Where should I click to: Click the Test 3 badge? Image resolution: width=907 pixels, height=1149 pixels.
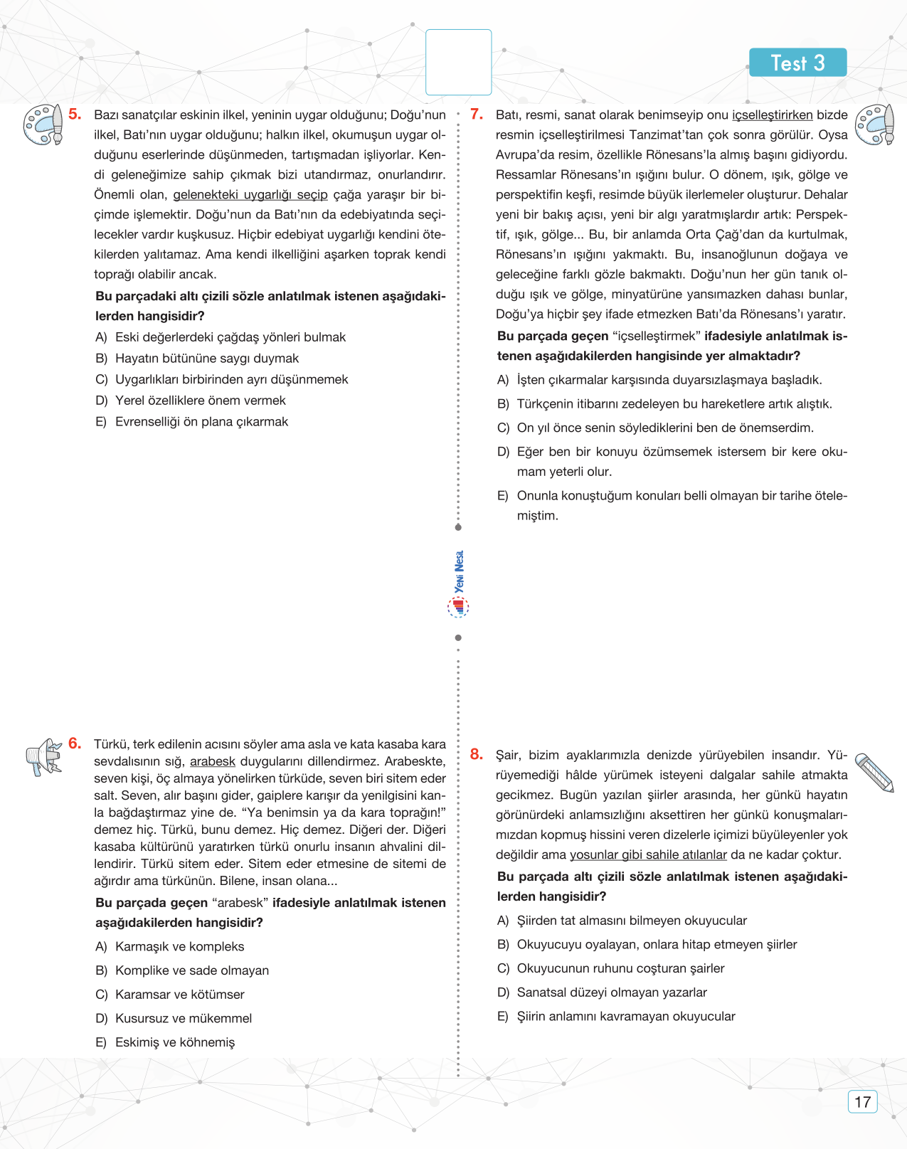coord(797,63)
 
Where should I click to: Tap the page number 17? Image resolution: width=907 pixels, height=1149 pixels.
coord(862,1102)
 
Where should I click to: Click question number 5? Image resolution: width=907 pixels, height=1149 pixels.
coord(75,114)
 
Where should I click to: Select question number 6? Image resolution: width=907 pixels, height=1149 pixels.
coord(75,743)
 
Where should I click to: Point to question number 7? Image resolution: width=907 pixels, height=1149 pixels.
coord(477,114)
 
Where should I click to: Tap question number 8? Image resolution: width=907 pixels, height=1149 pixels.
coord(477,754)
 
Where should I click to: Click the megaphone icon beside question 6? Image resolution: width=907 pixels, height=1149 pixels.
coord(44,757)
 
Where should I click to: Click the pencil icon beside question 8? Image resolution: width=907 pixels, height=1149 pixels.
coord(874,772)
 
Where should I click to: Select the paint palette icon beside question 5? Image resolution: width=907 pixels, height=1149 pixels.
coord(43,125)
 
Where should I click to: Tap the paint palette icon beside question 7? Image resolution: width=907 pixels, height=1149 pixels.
coord(874,125)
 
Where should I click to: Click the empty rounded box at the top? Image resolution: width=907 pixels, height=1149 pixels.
coord(458,63)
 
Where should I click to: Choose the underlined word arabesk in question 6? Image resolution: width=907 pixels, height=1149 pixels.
coord(212,761)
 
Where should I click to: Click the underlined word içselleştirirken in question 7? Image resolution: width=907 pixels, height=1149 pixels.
coord(772,115)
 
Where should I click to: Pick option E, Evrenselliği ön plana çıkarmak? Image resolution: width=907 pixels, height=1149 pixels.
coord(201,422)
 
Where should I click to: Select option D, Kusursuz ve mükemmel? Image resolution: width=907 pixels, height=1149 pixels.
coord(183,1018)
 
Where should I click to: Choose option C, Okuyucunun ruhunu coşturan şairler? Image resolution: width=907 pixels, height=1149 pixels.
coord(620,968)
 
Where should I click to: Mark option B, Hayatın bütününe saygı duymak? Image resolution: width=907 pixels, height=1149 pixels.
coord(206,359)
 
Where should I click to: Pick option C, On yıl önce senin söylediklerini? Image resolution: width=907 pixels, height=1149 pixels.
coord(664,428)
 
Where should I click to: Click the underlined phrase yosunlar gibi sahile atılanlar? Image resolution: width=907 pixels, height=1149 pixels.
coord(648,854)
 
